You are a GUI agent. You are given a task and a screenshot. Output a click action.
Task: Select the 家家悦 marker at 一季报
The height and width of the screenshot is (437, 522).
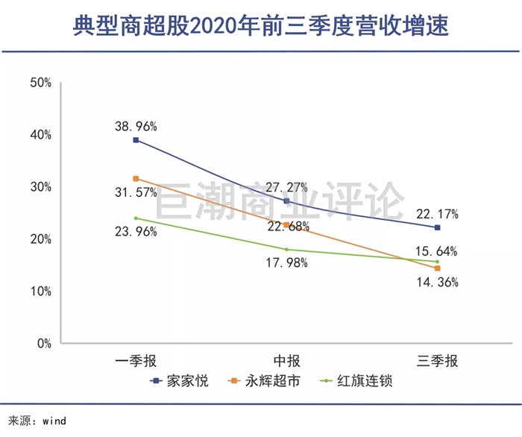[136, 140]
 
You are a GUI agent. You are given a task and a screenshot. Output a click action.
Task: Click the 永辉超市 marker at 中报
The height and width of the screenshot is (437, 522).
[286, 224]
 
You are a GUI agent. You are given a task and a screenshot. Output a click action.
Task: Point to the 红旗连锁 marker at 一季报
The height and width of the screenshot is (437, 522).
[136, 218]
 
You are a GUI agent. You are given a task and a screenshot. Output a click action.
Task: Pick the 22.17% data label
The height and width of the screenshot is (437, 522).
[436, 215]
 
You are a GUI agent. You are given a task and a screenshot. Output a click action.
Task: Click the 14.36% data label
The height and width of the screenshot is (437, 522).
[437, 283]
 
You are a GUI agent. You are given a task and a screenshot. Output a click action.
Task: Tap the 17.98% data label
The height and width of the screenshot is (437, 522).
[286, 262]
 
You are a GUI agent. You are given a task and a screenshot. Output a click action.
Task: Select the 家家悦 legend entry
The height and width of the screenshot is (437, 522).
[180, 381]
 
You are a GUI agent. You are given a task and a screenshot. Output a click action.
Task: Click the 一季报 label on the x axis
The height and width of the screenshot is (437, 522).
[136, 362]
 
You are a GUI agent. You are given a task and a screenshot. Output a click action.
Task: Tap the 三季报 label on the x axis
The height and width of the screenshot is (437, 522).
[437, 362]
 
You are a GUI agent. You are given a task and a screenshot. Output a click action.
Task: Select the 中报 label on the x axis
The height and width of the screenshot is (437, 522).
[286, 362]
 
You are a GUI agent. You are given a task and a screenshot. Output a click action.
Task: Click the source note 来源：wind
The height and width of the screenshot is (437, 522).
[37, 421]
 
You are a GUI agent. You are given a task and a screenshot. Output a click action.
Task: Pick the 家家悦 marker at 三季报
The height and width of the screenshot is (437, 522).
[437, 227]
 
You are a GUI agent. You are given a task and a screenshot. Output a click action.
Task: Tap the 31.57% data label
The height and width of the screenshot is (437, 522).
[135, 192]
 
